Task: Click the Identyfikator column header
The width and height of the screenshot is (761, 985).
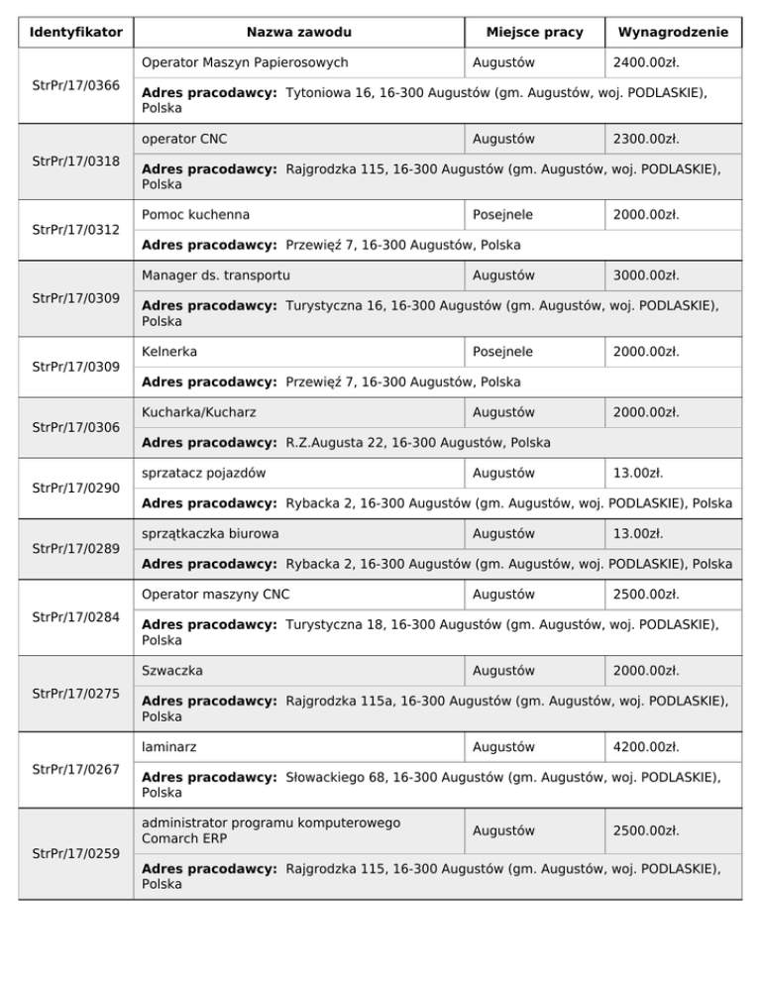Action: pos(76,33)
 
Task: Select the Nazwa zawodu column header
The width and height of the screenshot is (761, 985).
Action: pos(299,33)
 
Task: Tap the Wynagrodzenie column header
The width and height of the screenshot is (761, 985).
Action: pos(673,33)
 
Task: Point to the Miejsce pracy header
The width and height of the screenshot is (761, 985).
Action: pos(534,33)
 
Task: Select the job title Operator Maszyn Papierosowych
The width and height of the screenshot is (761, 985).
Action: pos(245,62)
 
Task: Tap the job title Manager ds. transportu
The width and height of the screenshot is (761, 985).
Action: pos(216,274)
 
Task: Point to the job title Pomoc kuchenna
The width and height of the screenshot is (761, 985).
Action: pos(195,214)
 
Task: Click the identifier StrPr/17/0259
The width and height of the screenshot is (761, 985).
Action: pos(76,852)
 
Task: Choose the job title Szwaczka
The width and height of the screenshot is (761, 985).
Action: pos(172,671)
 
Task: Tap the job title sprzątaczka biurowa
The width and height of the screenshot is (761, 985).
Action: pos(210,533)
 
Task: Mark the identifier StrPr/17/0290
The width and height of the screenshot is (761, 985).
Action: pos(76,488)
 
